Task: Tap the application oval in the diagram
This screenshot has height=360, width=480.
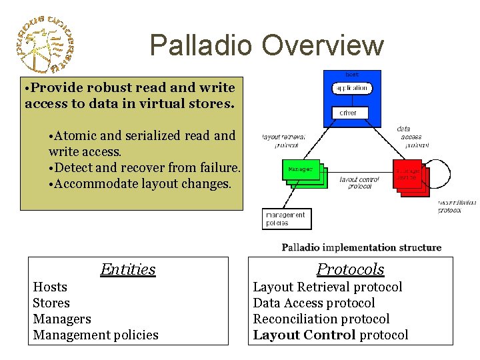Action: tap(351, 88)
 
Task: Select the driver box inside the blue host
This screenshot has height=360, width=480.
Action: tap(348, 113)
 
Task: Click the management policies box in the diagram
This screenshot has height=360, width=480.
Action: tap(286, 219)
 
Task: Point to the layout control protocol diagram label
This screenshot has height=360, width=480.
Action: tap(359, 183)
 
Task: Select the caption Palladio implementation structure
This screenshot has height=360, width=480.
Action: tap(361, 247)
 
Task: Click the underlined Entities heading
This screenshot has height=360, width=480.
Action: tap(127, 269)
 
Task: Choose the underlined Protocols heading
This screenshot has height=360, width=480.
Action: tap(350, 269)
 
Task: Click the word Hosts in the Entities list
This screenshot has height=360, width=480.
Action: tap(50, 287)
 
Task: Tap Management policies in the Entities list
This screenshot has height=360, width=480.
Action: tap(95, 335)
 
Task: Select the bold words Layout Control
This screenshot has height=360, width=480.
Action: tap(304, 335)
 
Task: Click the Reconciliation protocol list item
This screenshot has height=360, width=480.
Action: tap(321, 319)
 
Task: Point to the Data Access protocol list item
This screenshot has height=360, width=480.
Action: tap(313, 303)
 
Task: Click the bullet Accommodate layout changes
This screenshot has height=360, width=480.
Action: tap(142, 183)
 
